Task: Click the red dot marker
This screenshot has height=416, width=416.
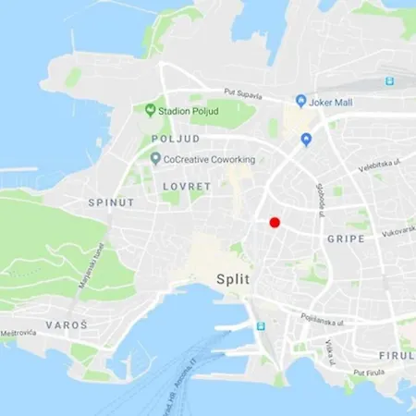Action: (x=274, y=222)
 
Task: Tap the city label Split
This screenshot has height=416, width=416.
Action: (x=235, y=278)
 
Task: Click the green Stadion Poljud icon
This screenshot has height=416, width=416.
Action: (x=150, y=110)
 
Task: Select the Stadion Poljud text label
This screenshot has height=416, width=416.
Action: (x=187, y=110)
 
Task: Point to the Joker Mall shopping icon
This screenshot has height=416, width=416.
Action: (x=300, y=101)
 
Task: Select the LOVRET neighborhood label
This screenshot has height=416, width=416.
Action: (x=187, y=186)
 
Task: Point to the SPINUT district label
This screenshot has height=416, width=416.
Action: (x=111, y=202)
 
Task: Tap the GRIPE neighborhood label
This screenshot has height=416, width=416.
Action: (x=346, y=239)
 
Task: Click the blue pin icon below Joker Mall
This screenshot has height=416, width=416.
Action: (x=307, y=139)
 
